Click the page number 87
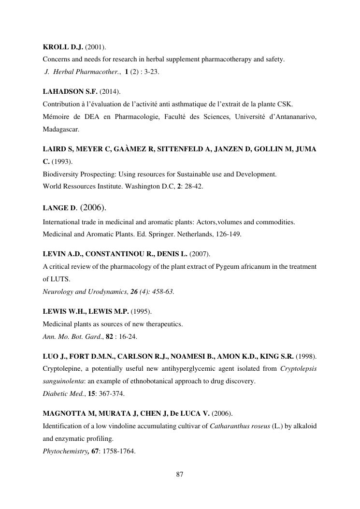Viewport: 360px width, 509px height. click(x=180, y=474)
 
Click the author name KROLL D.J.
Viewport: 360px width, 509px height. click(x=62, y=47)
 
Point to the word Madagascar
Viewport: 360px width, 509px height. click(x=60, y=130)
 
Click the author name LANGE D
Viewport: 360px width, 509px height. click(x=59, y=208)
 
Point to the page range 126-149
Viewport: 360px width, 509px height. click(x=229, y=234)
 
